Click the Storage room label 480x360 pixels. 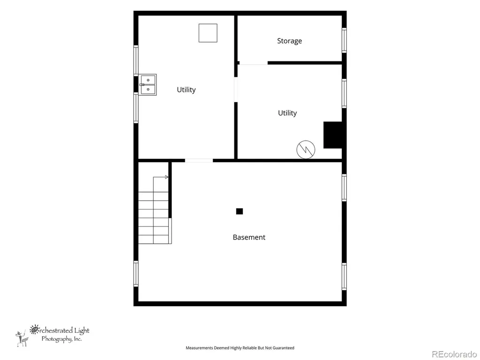tap(289, 41)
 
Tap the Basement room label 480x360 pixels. tap(249, 237)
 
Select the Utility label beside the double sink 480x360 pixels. tap(186, 90)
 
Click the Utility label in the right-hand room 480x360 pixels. tap(287, 113)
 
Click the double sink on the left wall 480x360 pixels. tap(148, 84)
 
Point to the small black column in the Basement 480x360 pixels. tap(240, 211)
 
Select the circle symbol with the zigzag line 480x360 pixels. tap(306, 150)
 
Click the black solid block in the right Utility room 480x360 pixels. tap(333, 135)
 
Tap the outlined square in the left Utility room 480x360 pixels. tap(208, 33)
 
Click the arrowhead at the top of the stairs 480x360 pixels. tap(166, 177)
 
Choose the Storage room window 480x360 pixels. tap(344, 40)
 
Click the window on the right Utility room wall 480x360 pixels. tap(344, 93)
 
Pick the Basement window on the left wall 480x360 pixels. tap(136, 274)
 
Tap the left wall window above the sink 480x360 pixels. tap(136, 60)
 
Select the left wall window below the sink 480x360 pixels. tap(136, 108)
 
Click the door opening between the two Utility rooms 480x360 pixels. tap(236, 90)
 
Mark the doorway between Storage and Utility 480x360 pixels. tap(254, 63)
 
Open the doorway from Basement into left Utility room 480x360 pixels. tap(199, 160)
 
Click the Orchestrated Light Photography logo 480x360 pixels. tap(52, 336)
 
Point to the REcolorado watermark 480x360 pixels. tap(454, 354)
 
